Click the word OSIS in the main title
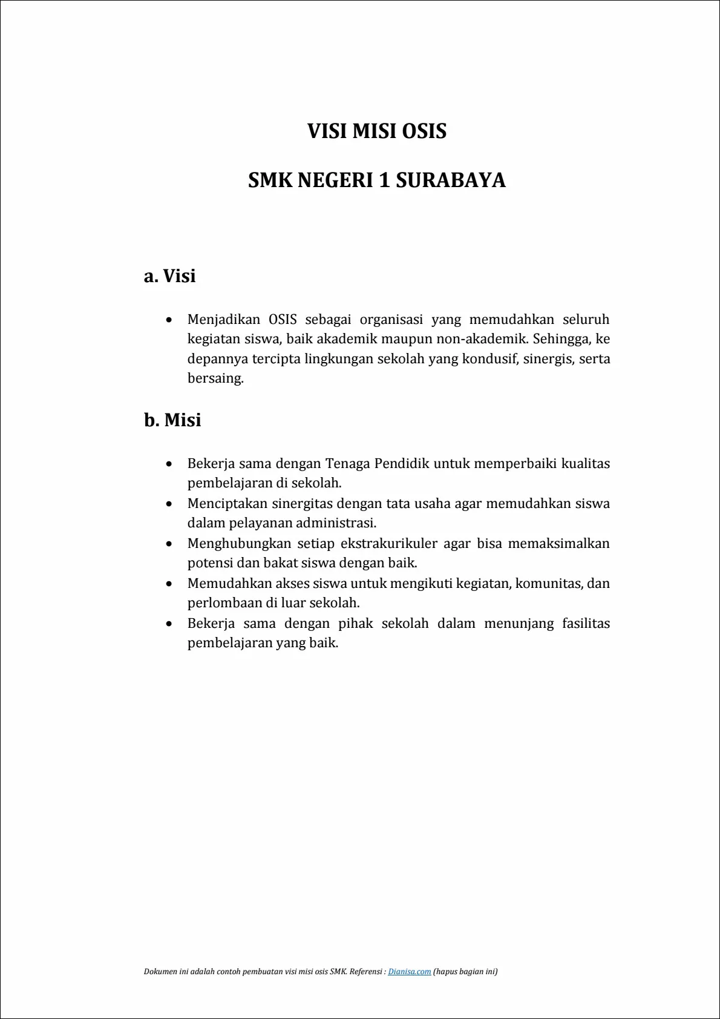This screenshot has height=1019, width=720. [424, 131]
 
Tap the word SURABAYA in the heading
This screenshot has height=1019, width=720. [451, 180]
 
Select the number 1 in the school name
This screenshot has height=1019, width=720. [384, 180]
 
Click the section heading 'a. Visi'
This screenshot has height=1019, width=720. [170, 276]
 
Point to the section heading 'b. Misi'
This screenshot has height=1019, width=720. [172, 420]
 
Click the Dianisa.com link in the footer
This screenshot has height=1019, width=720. [410, 972]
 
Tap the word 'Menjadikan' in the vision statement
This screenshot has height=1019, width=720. [224, 319]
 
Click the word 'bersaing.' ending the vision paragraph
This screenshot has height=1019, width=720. [215, 378]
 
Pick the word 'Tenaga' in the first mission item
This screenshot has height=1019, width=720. [348, 464]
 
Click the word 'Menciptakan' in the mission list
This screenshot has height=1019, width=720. [227, 504]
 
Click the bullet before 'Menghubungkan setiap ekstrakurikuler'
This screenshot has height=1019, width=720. [169, 544]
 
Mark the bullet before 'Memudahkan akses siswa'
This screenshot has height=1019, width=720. [169, 584]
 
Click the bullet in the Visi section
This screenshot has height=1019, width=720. [169, 319]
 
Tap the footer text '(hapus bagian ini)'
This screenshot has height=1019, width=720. [465, 972]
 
